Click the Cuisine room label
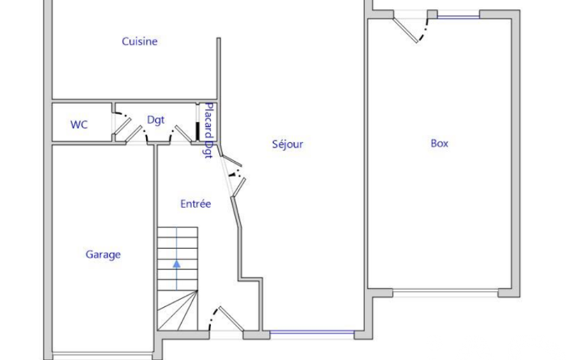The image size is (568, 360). point(140,42)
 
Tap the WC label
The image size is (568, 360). point(79,125)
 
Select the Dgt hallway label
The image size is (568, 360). point(156,120)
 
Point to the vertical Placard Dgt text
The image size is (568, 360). point(209,130)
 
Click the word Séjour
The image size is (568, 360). point(288,144)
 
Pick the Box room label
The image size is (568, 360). point(439,143)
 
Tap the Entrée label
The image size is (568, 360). point(196,204)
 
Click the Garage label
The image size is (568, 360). point(103,255)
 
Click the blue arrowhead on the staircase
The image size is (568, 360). point(176,264)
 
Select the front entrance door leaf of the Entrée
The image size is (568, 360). point(231,318)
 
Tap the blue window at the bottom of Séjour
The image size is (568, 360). point(312,332)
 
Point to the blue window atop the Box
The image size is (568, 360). point(458,17)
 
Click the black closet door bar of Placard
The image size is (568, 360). point(197,132)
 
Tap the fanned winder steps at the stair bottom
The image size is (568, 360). point(177,310)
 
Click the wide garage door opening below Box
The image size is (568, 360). point(445,293)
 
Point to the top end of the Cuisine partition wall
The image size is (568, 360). point(218,38)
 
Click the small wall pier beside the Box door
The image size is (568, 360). point(432,14)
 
